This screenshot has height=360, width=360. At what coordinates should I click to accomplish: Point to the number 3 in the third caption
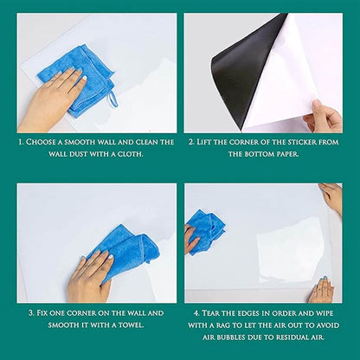32,312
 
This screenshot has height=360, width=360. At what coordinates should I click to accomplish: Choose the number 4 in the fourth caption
198,312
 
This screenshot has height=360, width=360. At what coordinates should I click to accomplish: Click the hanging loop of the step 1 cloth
112,97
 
